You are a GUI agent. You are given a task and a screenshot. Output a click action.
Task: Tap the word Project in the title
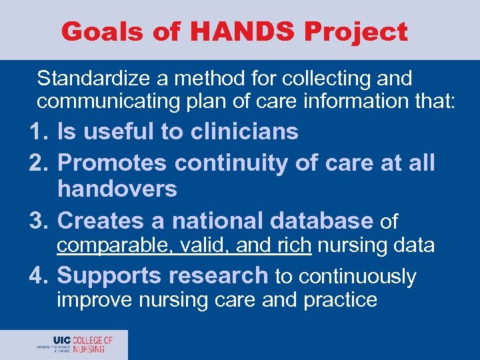click(x=361, y=31)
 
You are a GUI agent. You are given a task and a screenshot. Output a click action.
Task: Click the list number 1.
click(x=38, y=132)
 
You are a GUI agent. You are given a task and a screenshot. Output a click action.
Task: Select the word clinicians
click(x=244, y=132)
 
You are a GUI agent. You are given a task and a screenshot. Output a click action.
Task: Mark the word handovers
click(x=117, y=189)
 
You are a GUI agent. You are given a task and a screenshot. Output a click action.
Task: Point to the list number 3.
click(x=38, y=220)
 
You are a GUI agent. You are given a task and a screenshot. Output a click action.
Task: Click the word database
click(x=320, y=220)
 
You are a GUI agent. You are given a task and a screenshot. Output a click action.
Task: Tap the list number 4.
click(x=38, y=275)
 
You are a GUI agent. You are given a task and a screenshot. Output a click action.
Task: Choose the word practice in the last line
click(x=340, y=301)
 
